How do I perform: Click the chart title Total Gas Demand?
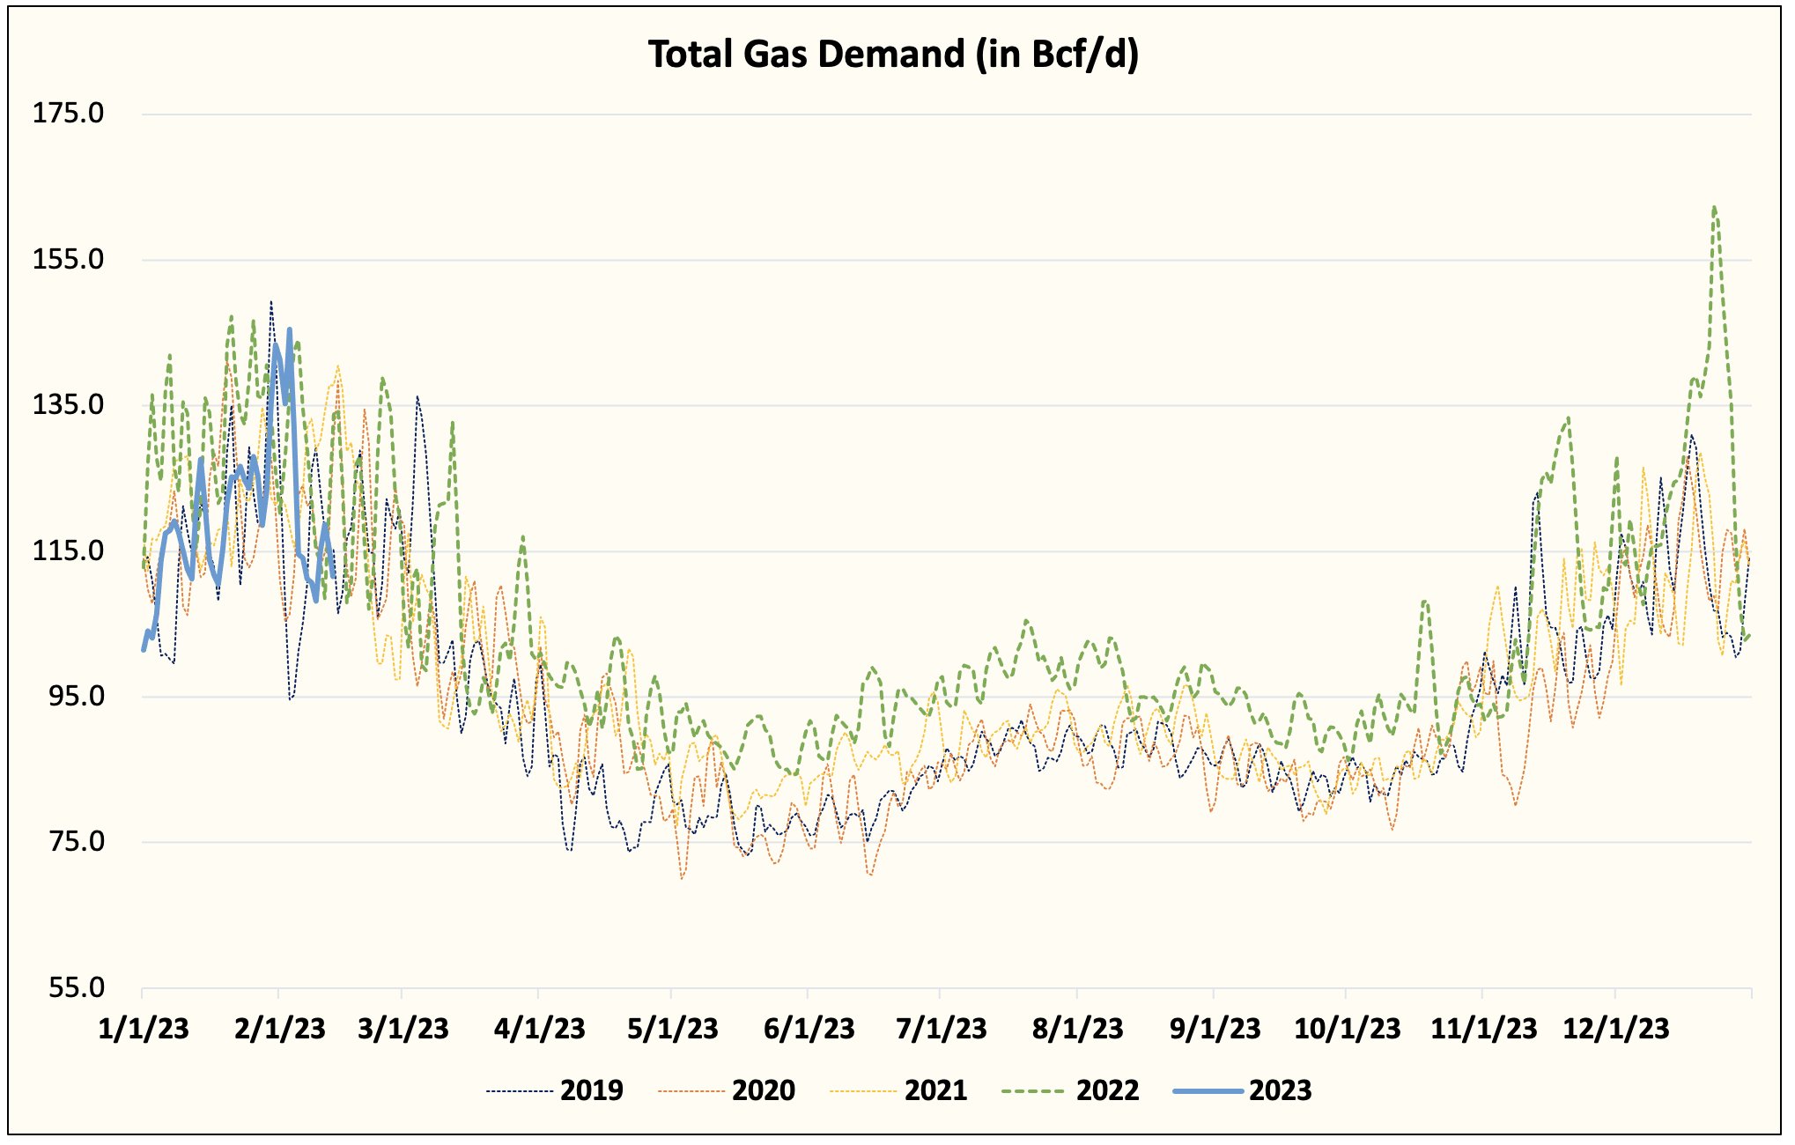tap(893, 55)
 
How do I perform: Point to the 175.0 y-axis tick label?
tap(68, 113)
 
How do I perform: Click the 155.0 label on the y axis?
tap(68, 259)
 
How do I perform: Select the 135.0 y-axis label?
tap(68, 405)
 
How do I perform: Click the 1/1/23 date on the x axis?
tap(144, 1028)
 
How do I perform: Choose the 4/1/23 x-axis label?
tap(539, 1028)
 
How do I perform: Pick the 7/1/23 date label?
tap(941, 1028)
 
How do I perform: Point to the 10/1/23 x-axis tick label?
tap(1347, 1028)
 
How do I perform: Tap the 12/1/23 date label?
tap(1615, 1028)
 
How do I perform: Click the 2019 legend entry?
tap(591, 1090)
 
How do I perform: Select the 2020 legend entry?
tap(763, 1090)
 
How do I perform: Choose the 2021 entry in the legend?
tap(935, 1090)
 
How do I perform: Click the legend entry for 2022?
tap(1107, 1090)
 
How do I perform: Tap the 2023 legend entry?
tap(1280, 1090)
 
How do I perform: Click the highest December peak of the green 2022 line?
tap(1713, 208)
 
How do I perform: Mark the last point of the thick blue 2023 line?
tap(333, 577)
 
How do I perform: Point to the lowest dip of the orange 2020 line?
tap(682, 878)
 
